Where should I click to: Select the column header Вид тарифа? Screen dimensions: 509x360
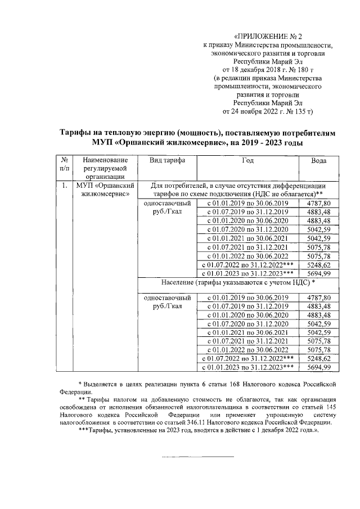(x=167, y=160)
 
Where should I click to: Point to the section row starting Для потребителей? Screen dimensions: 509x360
(x=239, y=189)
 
